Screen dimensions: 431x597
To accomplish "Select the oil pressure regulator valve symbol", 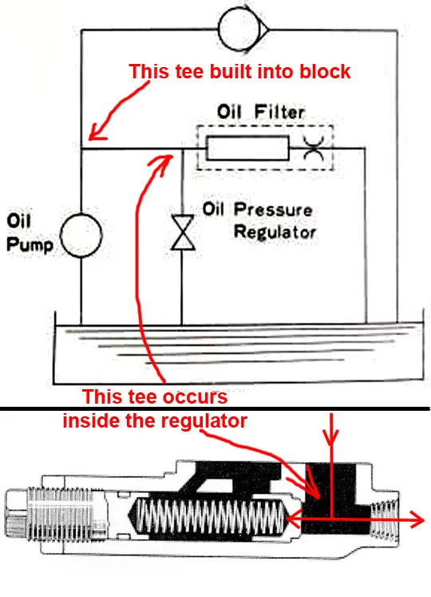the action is (x=183, y=233).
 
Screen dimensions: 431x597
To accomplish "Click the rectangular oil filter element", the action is (x=247, y=148).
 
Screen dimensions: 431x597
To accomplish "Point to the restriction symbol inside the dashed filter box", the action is (x=314, y=149).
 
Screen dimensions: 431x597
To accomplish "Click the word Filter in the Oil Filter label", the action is (x=279, y=112).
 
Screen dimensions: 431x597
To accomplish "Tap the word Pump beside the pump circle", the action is (x=30, y=245).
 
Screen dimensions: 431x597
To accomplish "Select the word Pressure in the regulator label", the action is (x=273, y=209).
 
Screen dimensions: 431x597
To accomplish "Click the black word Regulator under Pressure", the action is (x=275, y=232).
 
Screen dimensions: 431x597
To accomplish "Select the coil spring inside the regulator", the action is (x=211, y=517).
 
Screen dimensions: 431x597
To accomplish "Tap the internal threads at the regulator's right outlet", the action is (x=384, y=519).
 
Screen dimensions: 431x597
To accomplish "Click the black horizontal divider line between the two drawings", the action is (x=215, y=409).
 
